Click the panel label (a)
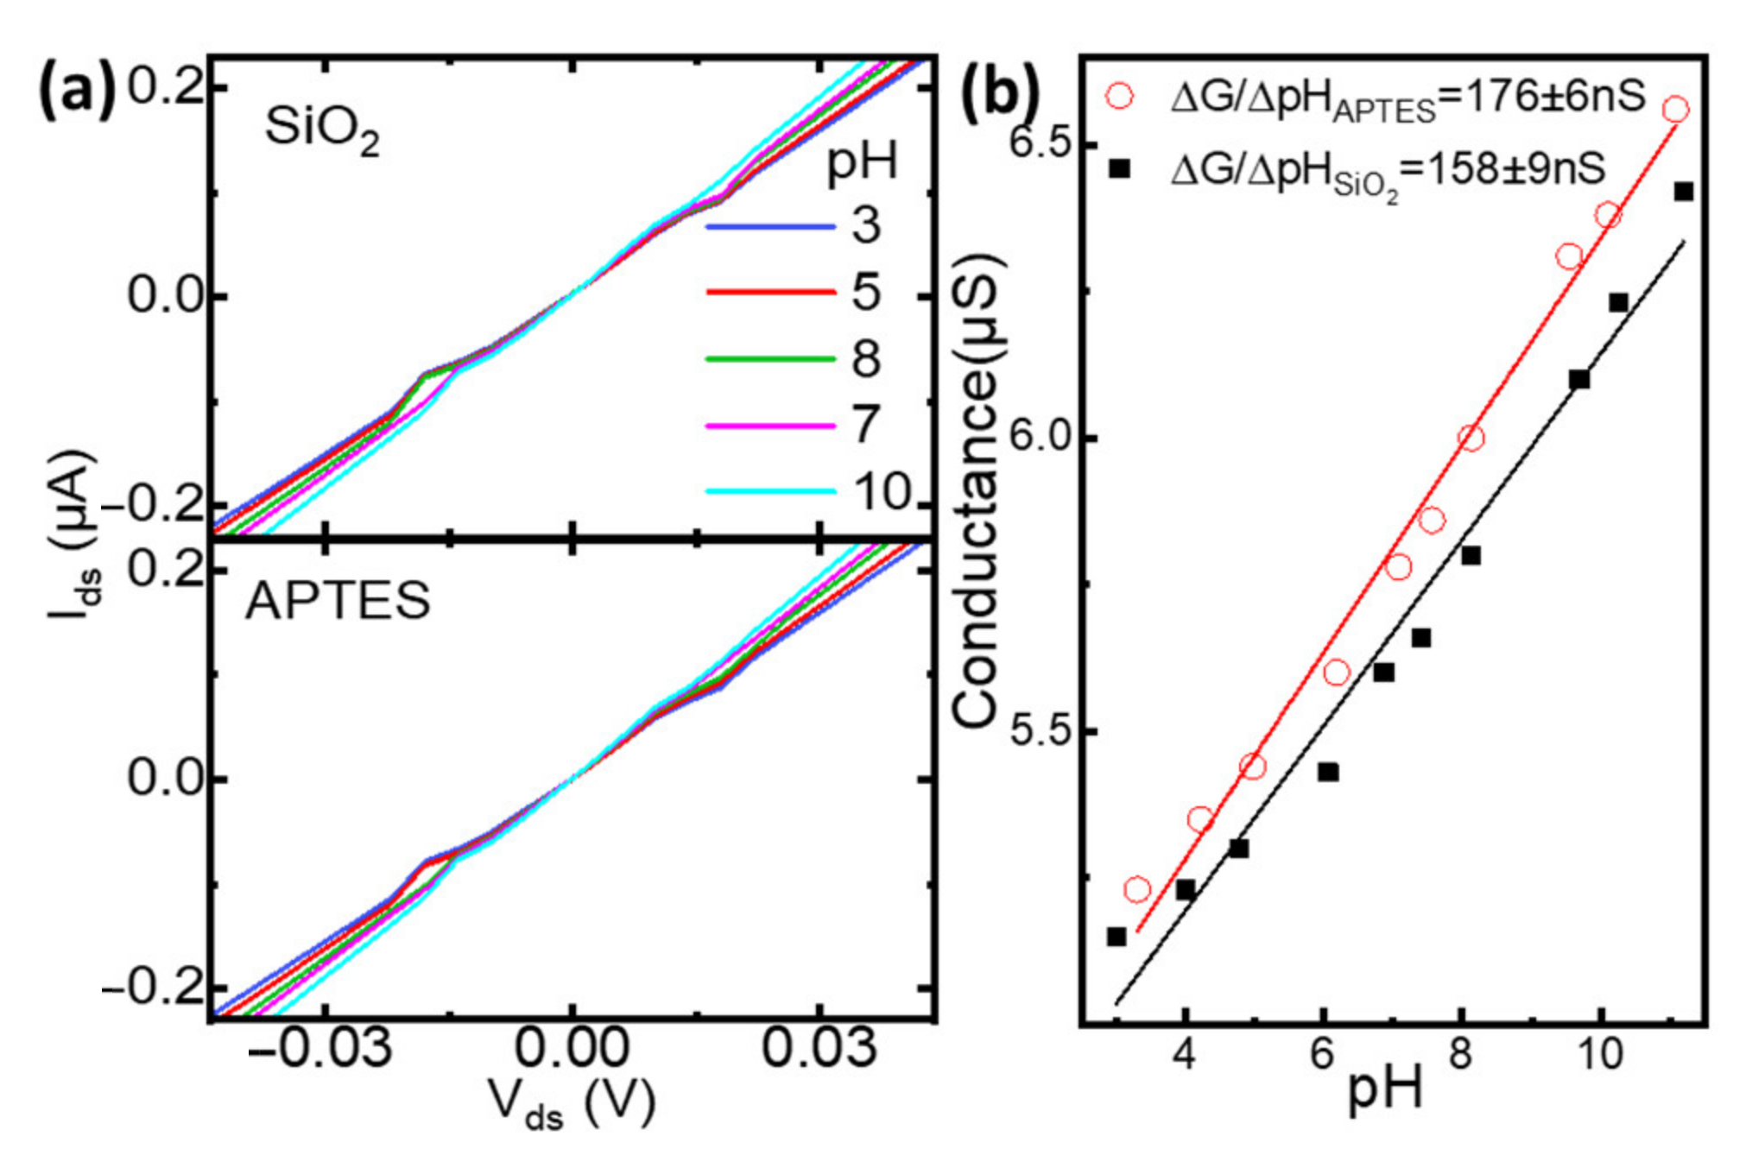(76, 90)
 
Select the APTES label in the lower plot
(338, 600)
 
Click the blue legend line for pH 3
(770, 227)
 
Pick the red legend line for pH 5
(770, 294)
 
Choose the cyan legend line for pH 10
(770, 492)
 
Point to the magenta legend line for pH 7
(770, 426)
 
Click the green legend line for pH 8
(770, 359)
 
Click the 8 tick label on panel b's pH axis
(1459, 1054)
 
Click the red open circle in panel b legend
(1119, 96)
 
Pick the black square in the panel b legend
(1119, 169)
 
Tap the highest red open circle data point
(1675, 109)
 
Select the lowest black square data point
(1117, 937)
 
